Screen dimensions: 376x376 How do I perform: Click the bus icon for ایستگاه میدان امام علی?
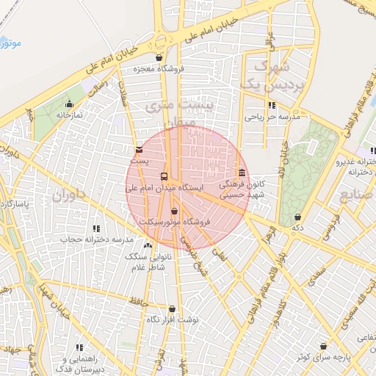point(163,177)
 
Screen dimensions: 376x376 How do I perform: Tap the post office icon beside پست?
point(140,149)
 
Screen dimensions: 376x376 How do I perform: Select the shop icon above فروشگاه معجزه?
point(159,58)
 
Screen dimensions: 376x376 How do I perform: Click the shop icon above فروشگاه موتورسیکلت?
point(174,211)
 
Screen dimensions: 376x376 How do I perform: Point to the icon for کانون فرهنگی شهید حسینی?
point(242,173)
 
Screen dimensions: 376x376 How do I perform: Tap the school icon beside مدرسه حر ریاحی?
point(273,105)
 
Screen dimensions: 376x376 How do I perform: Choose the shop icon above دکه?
point(297,217)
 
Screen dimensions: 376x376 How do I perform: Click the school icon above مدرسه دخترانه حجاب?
point(97,229)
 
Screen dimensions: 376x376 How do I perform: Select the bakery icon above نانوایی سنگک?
point(148,246)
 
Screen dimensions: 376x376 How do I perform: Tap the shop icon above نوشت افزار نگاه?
point(172,309)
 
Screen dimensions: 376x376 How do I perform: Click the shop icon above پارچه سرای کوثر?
point(323,346)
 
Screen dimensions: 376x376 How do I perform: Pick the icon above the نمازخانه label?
point(70,104)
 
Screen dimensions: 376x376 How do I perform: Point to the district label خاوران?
point(70,196)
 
